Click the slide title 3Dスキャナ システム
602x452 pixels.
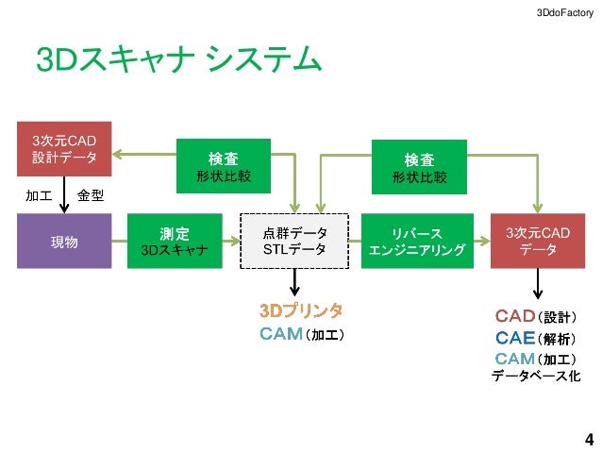178,59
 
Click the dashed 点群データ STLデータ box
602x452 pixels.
294,242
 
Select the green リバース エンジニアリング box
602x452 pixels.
416,242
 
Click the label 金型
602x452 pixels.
91,196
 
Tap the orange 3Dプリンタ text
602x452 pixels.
301,310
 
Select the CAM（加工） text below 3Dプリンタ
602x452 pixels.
301,333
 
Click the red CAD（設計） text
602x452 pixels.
536,315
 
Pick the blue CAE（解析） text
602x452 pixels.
536,337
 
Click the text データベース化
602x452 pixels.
536,377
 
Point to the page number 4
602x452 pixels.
589,440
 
